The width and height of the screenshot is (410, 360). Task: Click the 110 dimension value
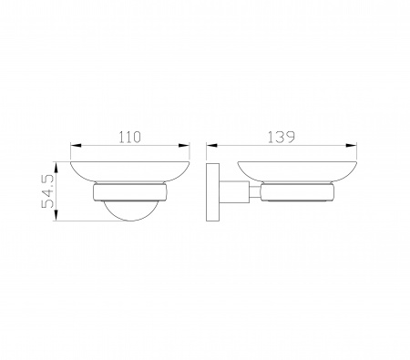pyautogui.click(x=129, y=137)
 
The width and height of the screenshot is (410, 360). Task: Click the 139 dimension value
pyautogui.click(x=282, y=137)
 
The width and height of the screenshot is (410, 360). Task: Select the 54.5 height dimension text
pyautogui.click(x=48, y=191)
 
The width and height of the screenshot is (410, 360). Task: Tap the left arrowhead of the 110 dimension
pyautogui.click(x=77, y=146)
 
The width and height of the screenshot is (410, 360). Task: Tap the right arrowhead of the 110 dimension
pyautogui.click(x=183, y=146)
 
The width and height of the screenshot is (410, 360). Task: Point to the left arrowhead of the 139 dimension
pyautogui.click(x=212, y=146)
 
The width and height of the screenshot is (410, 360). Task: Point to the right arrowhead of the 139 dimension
pyautogui.click(x=351, y=146)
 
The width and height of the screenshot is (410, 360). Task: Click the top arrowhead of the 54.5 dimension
pyautogui.click(x=56, y=168)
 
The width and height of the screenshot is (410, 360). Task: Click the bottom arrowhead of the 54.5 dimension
pyautogui.click(x=56, y=215)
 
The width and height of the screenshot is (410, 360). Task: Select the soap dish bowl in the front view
pyautogui.click(x=130, y=172)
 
